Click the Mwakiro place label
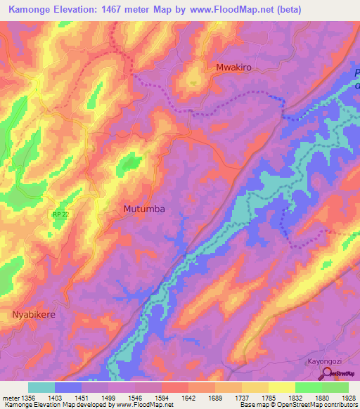233,68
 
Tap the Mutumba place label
146,209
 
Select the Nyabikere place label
33,314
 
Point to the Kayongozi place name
328,362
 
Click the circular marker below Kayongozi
328,372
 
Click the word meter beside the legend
10,398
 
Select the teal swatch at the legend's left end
41,387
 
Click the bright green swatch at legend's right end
335,387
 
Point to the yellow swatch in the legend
282,387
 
